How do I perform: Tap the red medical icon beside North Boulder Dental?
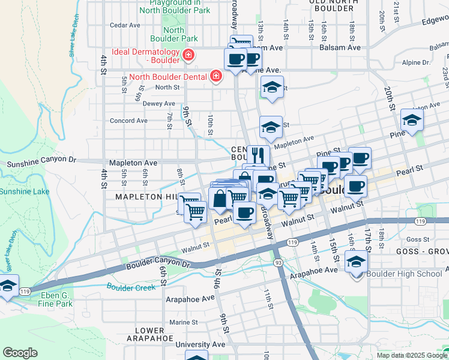tap(215, 76)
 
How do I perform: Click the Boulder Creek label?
tap(131, 287)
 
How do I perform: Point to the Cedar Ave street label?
tap(125, 25)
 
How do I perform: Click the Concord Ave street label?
tap(128, 121)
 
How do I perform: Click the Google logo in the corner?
tap(20, 353)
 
